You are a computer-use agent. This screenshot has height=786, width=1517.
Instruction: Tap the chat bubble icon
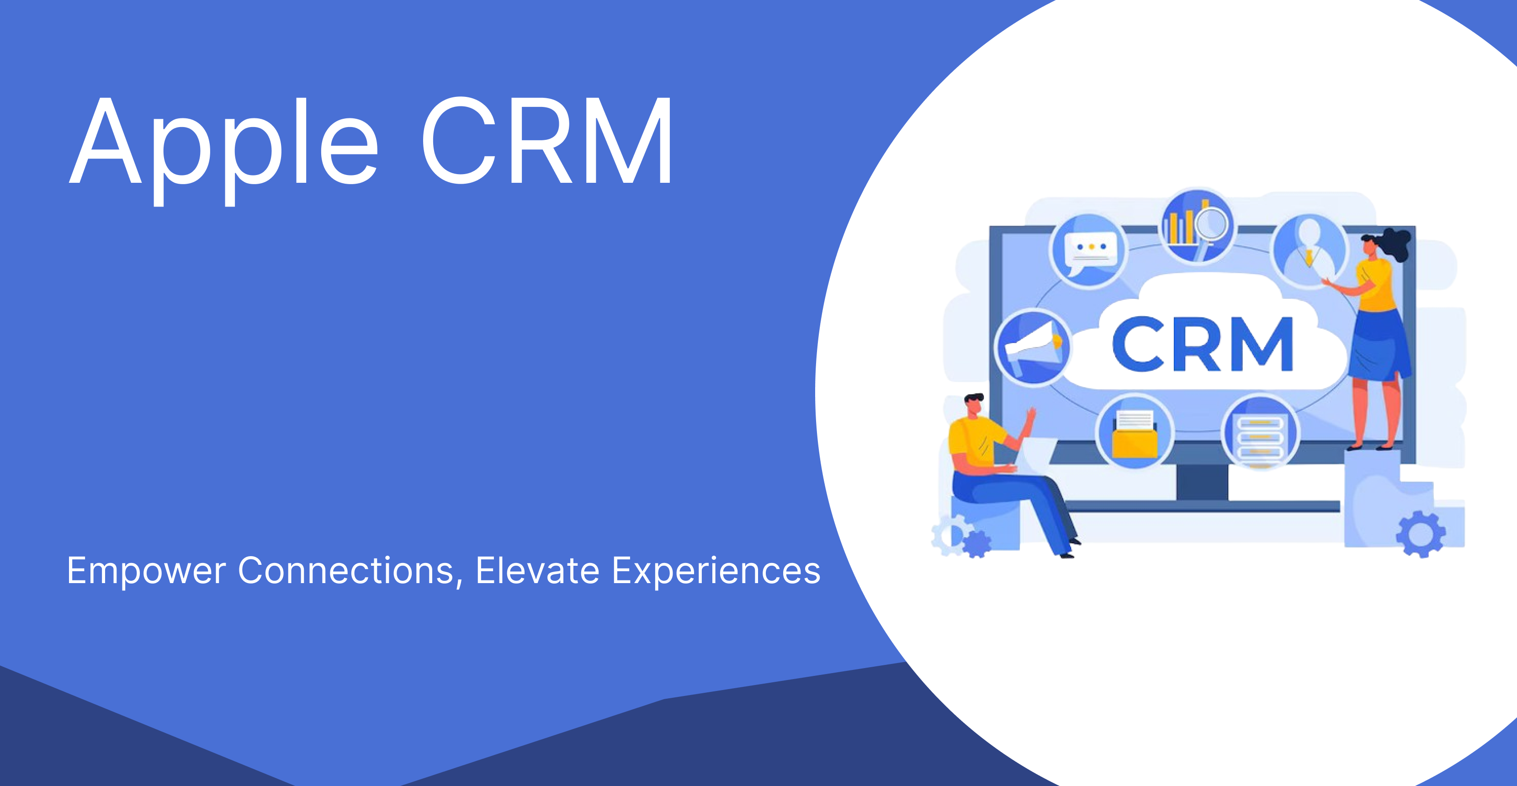[1089, 251]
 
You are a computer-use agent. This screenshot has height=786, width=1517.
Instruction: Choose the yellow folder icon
[1135, 433]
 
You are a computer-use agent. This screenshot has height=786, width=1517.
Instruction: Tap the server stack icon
[1260, 433]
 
